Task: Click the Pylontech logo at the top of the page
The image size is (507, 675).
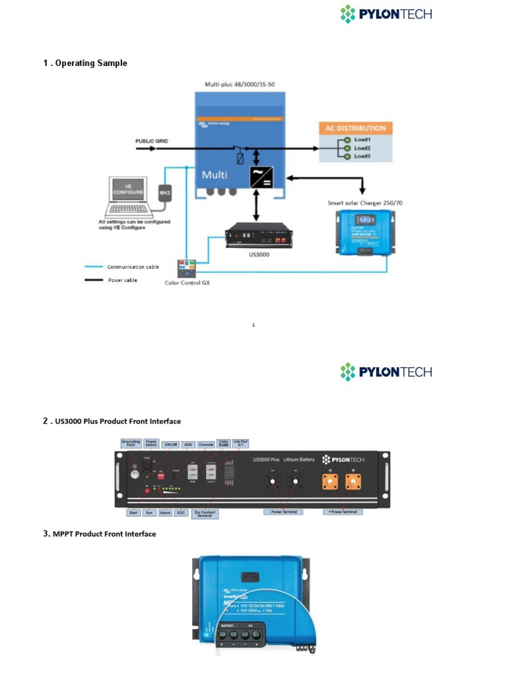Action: [386, 14]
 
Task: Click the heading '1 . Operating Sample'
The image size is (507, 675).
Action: [85, 63]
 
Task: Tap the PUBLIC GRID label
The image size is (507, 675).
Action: [152, 141]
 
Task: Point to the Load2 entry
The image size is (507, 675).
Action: [362, 148]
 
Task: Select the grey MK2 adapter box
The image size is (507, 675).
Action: [166, 192]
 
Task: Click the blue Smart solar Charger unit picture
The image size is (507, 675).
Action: [364, 231]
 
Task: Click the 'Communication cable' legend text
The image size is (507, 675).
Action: [133, 267]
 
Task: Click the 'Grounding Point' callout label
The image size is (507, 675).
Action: [131, 444]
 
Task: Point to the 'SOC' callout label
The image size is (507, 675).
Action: [182, 512]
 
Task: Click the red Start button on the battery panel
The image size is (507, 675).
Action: [147, 492]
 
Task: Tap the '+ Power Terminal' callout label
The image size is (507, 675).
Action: [342, 512]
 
